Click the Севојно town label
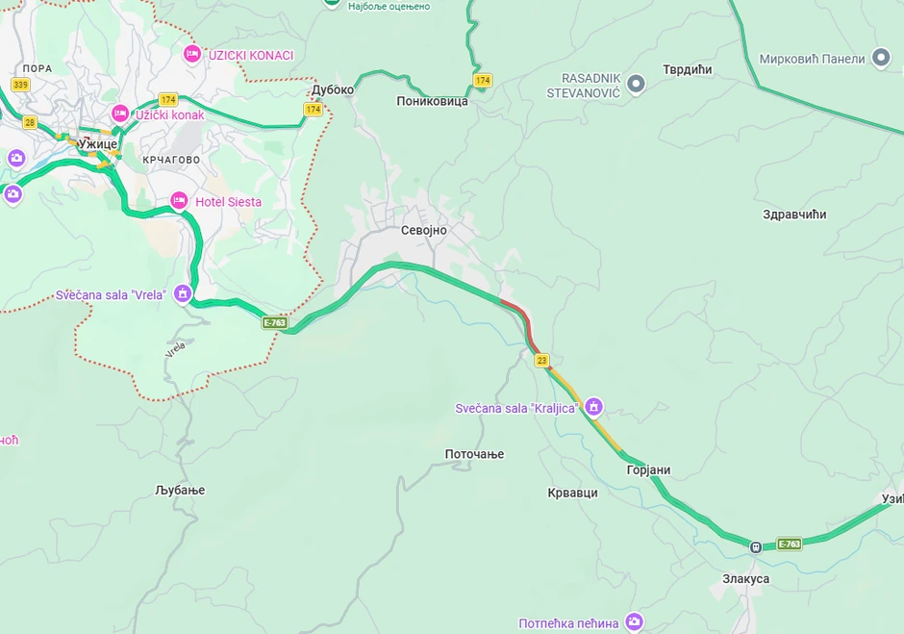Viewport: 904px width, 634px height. pos(423,231)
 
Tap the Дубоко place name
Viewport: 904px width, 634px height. pos(333,90)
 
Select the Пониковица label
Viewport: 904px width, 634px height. pos(432,101)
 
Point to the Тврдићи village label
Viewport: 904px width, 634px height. pos(687,70)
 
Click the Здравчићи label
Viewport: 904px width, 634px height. pos(793,215)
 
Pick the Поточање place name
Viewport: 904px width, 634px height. pos(474,454)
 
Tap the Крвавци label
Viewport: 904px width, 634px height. pos(572,493)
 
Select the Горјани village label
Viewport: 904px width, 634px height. pos(648,470)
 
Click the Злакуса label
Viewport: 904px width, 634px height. pos(745,579)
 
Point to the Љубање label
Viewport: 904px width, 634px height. pos(180,491)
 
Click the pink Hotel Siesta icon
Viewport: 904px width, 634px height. pos(179,201)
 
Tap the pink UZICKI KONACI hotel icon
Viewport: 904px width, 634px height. pos(192,54)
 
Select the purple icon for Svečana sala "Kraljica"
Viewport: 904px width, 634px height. pos(594,407)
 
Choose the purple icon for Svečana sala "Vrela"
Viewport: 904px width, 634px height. pos(183,293)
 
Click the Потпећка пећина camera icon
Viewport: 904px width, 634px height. pos(633,622)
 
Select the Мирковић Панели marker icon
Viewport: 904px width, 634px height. pos(880,58)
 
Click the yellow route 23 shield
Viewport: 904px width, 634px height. pos(542,360)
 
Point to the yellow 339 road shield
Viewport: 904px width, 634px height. pos(20,85)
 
